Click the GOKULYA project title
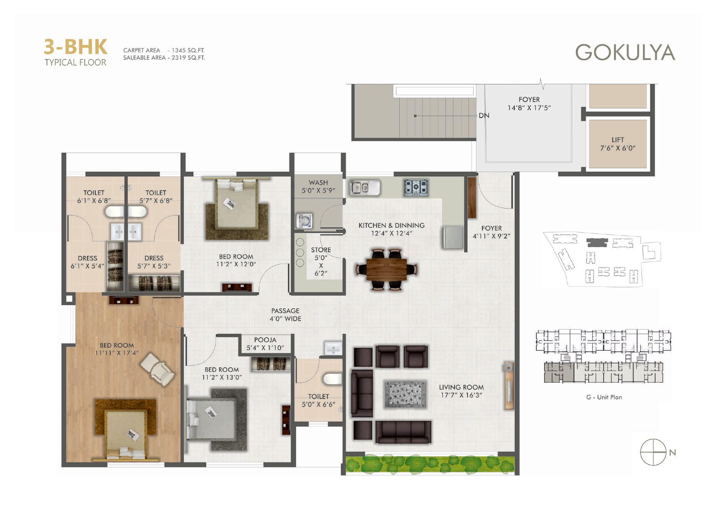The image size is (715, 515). pyautogui.click(x=625, y=52)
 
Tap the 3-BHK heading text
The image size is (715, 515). pyautogui.click(x=76, y=47)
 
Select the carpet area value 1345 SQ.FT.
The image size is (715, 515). pyautogui.click(x=188, y=50)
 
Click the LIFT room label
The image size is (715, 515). pyautogui.click(x=618, y=140)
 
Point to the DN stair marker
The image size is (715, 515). pyautogui.click(x=484, y=116)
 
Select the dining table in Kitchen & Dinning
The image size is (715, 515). pyautogui.click(x=387, y=270)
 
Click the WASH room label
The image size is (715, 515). pyautogui.click(x=318, y=183)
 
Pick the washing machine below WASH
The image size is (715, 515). pyautogui.click(x=304, y=221)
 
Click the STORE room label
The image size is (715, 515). pyautogui.click(x=321, y=250)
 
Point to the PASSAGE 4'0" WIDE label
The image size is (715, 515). pyautogui.click(x=286, y=315)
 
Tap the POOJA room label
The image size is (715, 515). pyautogui.click(x=265, y=340)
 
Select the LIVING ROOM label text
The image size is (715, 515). pyautogui.click(x=461, y=387)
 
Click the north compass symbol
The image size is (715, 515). pyautogui.click(x=653, y=452)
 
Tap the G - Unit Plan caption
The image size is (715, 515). pyautogui.click(x=604, y=397)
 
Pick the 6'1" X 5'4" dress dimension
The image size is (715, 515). pyautogui.click(x=87, y=266)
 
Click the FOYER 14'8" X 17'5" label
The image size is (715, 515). pyautogui.click(x=529, y=104)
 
